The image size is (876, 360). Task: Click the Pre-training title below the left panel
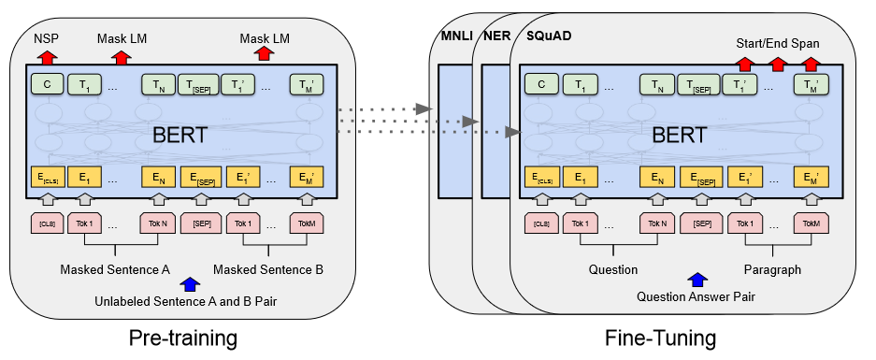(x=182, y=337)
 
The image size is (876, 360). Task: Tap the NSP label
(x=46, y=40)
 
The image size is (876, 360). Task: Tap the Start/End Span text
(x=778, y=43)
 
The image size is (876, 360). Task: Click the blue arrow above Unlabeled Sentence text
(x=191, y=283)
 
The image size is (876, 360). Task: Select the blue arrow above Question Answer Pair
(x=696, y=280)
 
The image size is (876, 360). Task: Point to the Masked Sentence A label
(x=115, y=270)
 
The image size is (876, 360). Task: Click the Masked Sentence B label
(x=268, y=270)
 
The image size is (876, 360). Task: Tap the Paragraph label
(x=772, y=270)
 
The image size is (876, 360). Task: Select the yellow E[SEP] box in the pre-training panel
(x=200, y=177)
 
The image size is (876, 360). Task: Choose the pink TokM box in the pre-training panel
(x=306, y=224)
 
